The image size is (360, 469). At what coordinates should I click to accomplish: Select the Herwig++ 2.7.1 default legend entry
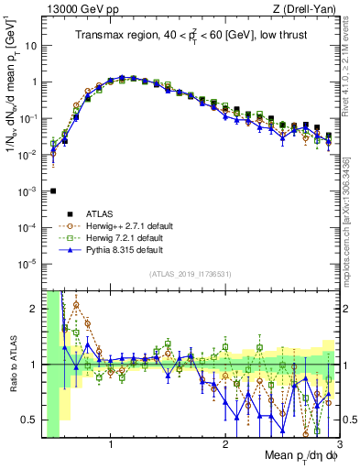(125, 224)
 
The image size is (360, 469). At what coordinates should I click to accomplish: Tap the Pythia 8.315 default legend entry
(119, 249)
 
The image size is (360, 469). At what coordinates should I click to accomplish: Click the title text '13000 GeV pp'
(74, 8)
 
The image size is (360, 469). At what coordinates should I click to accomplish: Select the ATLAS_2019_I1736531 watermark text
(189, 275)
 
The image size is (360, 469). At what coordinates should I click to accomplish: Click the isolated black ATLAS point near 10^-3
(53, 191)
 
